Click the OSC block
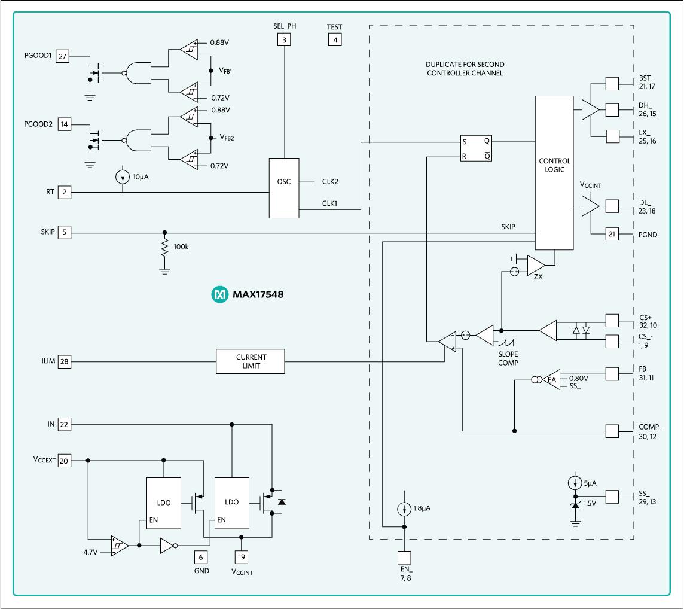(x=284, y=188)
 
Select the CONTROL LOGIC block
(x=554, y=173)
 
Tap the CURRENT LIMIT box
(x=251, y=361)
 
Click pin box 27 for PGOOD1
(x=62, y=57)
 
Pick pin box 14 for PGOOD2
(x=62, y=124)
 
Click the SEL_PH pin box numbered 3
(x=284, y=40)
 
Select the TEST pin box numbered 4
(x=335, y=40)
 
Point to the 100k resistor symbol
(x=164, y=248)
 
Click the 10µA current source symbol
(x=123, y=177)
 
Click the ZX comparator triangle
(x=536, y=264)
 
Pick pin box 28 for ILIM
(x=64, y=361)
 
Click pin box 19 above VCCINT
(x=240, y=556)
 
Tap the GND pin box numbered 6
(x=201, y=557)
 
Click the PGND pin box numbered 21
(x=612, y=235)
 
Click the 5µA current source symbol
(x=575, y=483)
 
